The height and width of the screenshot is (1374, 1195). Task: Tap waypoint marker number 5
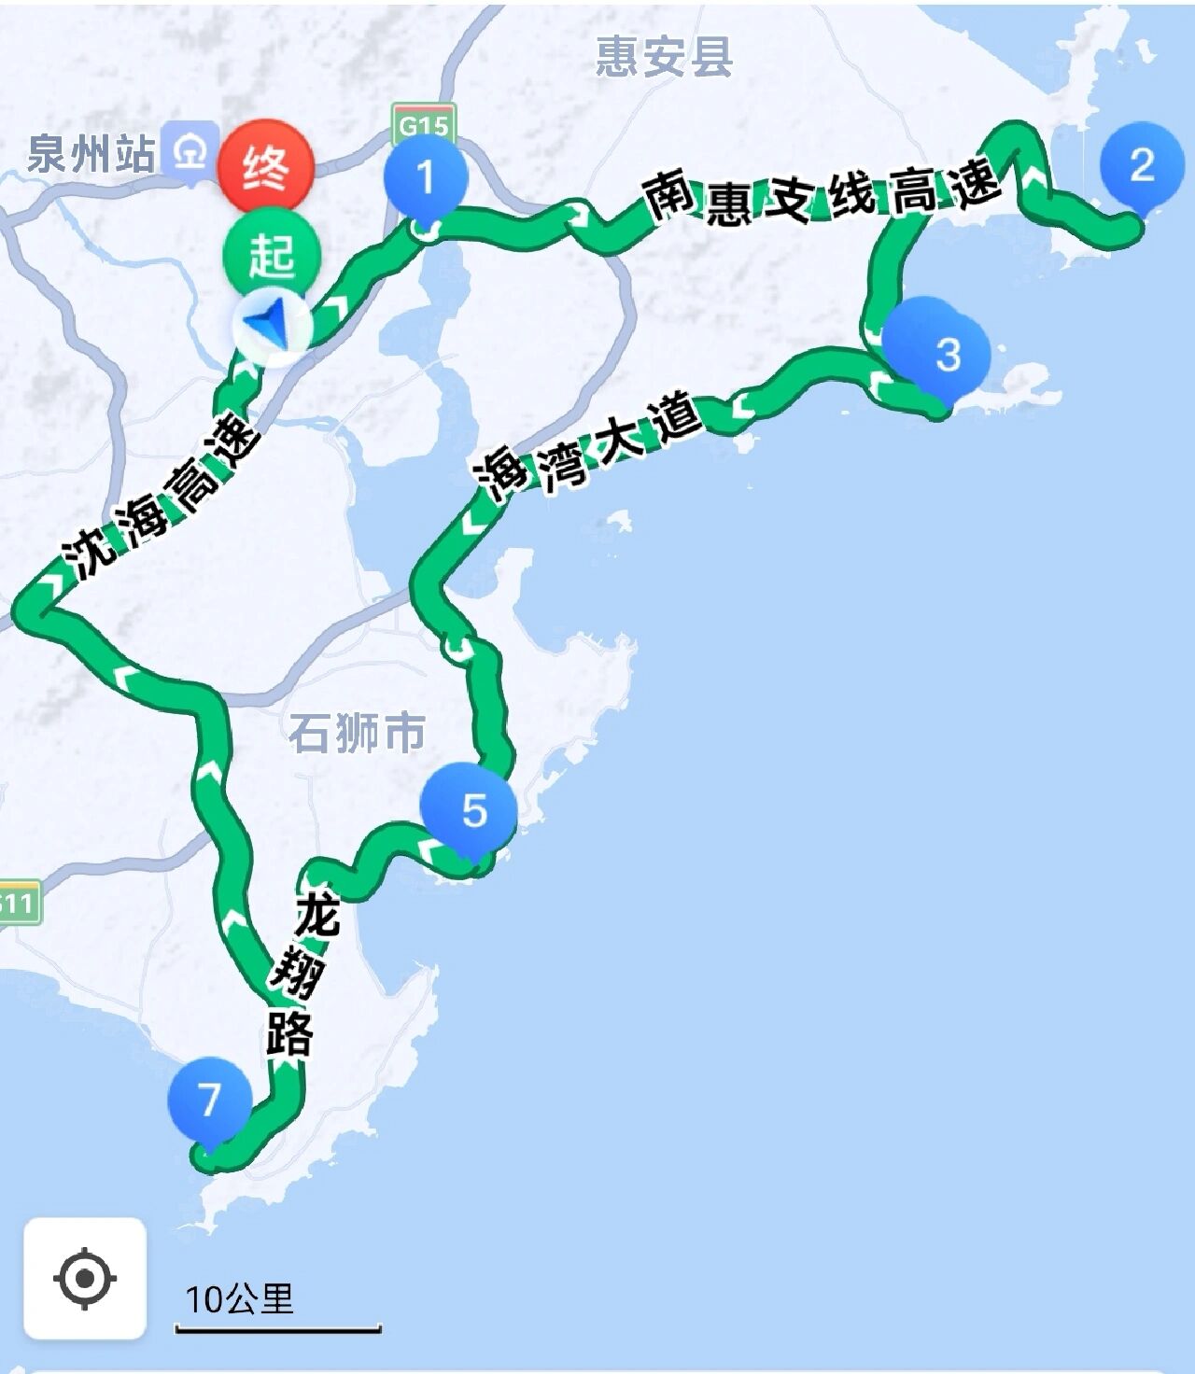473,809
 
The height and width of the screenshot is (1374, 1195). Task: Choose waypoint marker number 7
209,1100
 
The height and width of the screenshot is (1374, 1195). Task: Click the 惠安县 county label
665,56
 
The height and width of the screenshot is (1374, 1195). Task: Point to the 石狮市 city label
357,733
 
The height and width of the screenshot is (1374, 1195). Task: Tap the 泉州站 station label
90,153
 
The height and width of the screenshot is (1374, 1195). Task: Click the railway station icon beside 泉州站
190,150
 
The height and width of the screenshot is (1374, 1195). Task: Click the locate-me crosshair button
85,1277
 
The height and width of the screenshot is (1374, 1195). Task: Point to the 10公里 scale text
239,1298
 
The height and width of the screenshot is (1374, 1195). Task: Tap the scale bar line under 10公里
278,1327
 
